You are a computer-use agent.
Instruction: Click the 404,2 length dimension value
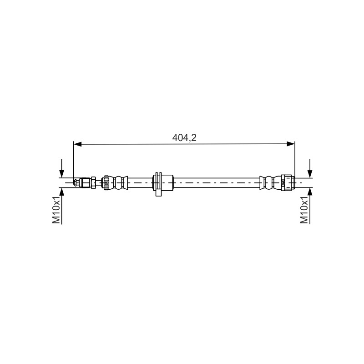point(184,138)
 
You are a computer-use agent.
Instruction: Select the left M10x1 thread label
point(56,209)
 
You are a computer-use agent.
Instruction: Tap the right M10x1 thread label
point(304,209)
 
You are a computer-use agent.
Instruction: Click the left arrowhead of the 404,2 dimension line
point(77,144)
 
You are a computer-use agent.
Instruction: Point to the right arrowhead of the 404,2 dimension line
point(291,144)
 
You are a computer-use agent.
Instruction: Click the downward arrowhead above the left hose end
point(61,173)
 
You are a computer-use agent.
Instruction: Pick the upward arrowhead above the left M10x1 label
point(61,192)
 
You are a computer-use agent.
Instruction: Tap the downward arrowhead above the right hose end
point(310,173)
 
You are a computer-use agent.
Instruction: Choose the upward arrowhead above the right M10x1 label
point(310,192)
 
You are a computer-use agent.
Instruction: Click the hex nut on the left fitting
point(93,183)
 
